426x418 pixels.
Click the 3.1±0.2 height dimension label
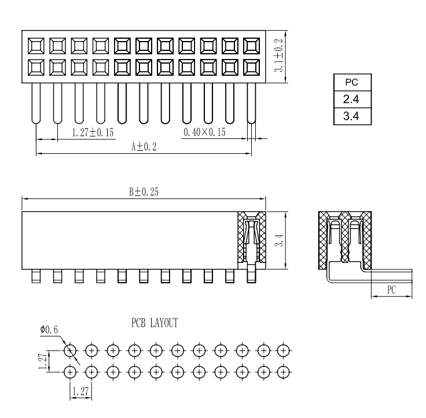(280, 56)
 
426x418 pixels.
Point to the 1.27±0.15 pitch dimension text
(93, 133)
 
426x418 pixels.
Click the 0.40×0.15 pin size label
(204, 133)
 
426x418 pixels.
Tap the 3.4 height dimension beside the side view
(280, 239)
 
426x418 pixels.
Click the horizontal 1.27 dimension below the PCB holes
(80, 392)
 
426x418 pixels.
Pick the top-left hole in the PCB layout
(70, 350)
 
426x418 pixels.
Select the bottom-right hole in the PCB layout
(283, 372)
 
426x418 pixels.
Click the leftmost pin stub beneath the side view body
(36, 276)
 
